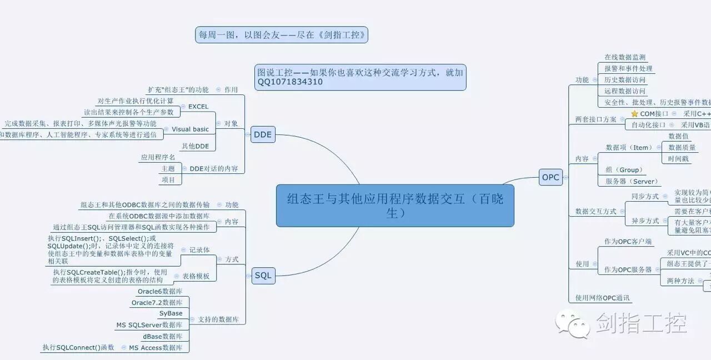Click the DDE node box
(x=263, y=134)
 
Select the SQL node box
(x=263, y=276)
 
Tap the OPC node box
(x=550, y=177)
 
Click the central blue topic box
(x=395, y=206)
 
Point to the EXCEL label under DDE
(x=198, y=107)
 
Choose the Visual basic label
(x=190, y=129)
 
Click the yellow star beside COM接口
(x=634, y=114)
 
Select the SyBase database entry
(x=171, y=313)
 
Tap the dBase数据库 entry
(x=162, y=337)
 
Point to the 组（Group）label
(x=624, y=170)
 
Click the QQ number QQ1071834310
(x=290, y=82)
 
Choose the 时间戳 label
(x=678, y=159)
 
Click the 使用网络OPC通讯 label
(x=603, y=298)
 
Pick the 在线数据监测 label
(x=625, y=57)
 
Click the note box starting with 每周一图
(x=282, y=35)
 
